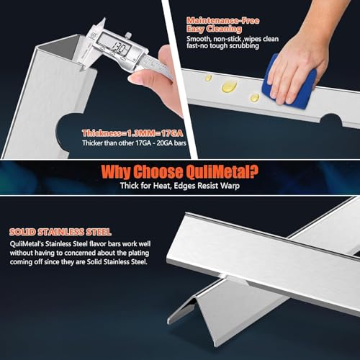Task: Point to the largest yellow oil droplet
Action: [x=230, y=86]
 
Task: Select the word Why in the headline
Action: [x=116, y=172]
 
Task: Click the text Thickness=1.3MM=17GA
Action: [x=132, y=133]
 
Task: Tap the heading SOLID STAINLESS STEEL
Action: [x=60, y=232]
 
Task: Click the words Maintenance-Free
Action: [x=223, y=21]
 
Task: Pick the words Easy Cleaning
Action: [x=214, y=29]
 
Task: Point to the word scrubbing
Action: [x=244, y=45]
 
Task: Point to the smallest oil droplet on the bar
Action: [x=208, y=78]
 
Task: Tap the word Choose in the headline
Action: [x=158, y=172]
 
